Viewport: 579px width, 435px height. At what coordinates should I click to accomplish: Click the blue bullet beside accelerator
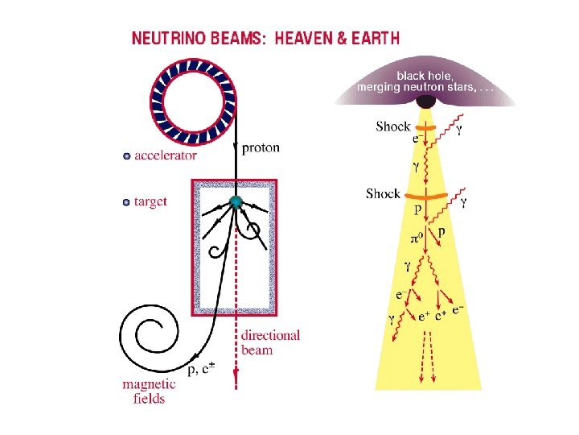(x=126, y=156)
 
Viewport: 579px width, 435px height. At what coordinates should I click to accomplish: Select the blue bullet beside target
(x=126, y=202)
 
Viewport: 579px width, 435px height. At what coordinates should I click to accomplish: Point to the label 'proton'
(x=261, y=147)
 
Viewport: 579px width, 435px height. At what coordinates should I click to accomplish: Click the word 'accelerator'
(x=166, y=156)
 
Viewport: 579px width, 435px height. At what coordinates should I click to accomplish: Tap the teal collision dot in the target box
(x=236, y=202)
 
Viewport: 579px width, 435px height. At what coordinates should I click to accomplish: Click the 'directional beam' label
(x=270, y=342)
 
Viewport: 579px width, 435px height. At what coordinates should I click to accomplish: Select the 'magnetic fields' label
(x=145, y=391)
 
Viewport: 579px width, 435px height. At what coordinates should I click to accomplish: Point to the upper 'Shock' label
(x=392, y=126)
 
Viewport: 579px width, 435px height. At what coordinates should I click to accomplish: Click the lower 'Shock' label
(x=383, y=193)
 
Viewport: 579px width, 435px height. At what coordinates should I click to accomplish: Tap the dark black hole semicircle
(x=425, y=102)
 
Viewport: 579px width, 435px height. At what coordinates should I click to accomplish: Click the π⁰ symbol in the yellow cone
(x=417, y=239)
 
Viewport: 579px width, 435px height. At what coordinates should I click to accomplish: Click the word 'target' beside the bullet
(x=150, y=201)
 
